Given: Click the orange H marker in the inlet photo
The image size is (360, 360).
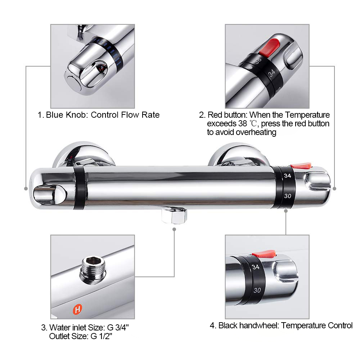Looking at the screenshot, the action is pyautogui.click(x=77, y=309).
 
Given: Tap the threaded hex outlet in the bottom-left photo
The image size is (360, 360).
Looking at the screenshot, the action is pyautogui.click(x=93, y=269).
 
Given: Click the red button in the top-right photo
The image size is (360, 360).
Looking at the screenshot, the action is pyautogui.click(x=270, y=47).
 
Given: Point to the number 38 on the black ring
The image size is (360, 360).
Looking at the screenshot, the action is pyautogui.click(x=258, y=60).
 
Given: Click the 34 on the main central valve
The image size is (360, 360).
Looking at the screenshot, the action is pyautogui.click(x=287, y=176).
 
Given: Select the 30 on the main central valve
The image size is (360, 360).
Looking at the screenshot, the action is pyautogui.click(x=287, y=196).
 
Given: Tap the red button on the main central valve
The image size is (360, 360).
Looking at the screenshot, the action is pyautogui.click(x=301, y=165).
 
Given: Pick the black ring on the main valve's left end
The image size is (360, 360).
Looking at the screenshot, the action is pyautogui.click(x=80, y=188).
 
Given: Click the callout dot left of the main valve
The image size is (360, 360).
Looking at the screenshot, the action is pyautogui.click(x=26, y=189).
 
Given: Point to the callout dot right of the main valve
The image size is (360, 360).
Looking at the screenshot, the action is pyautogui.click(x=334, y=189).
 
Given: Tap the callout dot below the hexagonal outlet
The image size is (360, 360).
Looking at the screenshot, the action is pyautogui.click(x=174, y=229).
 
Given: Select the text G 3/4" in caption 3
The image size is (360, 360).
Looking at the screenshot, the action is pyautogui.click(x=118, y=327).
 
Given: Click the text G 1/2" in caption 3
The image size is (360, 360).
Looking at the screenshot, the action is pyautogui.click(x=102, y=336).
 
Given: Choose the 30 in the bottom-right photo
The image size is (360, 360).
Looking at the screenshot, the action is pyautogui.click(x=257, y=290).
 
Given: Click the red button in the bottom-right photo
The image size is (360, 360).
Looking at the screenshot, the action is pyautogui.click(x=264, y=254).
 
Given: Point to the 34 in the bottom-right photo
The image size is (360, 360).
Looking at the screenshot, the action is pyautogui.click(x=256, y=267).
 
